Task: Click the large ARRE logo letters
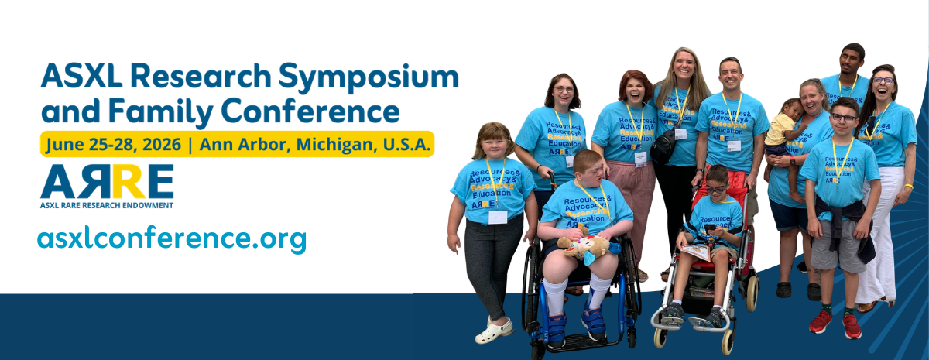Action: [x=107, y=182]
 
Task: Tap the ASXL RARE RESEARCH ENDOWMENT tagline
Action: [x=107, y=205]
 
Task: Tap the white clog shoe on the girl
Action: [x=494, y=331]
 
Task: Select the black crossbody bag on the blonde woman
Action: [x=663, y=146]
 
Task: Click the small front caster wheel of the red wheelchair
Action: [x=660, y=338]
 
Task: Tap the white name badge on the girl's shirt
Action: [x=498, y=217]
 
